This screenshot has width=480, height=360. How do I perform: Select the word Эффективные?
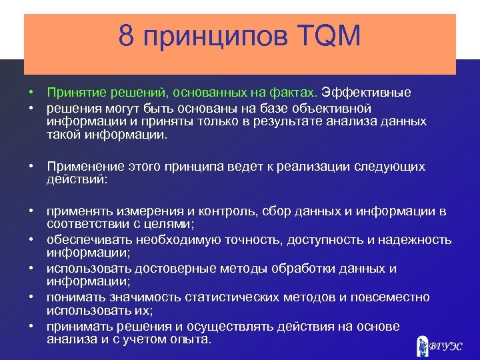(367, 93)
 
